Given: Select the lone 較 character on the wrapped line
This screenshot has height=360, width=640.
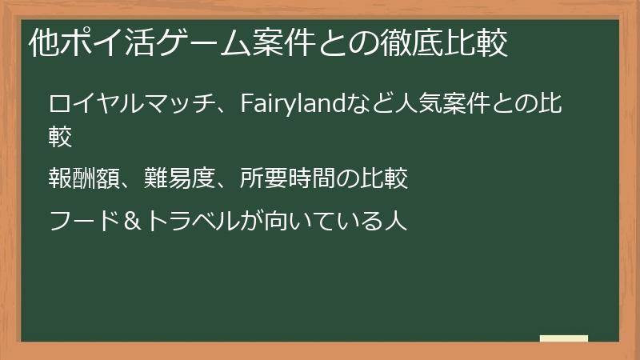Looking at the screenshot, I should click(x=62, y=138).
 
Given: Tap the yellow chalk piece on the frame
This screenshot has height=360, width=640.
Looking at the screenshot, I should click(x=563, y=339).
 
